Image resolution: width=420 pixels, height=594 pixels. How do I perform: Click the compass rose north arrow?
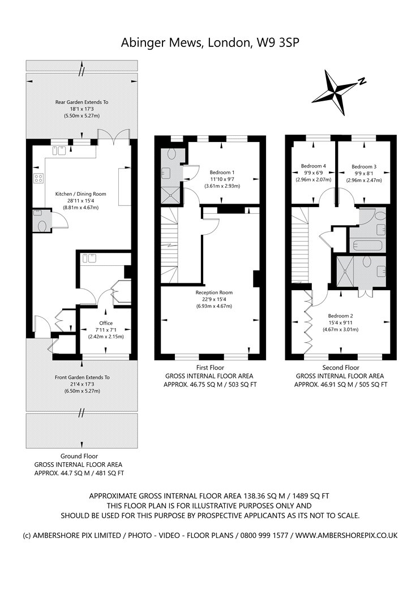(x=335, y=92)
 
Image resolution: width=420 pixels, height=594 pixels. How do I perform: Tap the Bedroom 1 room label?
(x=222, y=173)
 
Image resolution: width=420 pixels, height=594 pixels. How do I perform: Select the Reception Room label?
(x=214, y=292)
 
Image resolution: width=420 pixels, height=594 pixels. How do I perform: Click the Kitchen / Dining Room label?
(x=81, y=194)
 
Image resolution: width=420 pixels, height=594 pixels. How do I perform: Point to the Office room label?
(x=106, y=323)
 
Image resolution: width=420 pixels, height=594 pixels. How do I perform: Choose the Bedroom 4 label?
(x=314, y=166)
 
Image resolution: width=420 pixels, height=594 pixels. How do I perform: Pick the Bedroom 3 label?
(x=364, y=167)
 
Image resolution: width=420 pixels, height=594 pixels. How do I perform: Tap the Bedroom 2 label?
(x=340, y=316)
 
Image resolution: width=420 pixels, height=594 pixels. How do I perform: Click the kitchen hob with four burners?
(x=38, y=178)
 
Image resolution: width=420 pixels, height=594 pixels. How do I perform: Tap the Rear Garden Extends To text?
(x=82, y=102)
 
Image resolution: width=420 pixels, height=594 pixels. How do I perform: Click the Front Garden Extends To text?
(x=82, y=377)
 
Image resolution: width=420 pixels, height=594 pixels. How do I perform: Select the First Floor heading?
(x=210, y=368)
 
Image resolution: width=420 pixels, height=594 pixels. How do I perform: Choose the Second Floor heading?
(x=341, y=368)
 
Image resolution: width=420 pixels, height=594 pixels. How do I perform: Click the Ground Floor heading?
(x=79, y=456)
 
